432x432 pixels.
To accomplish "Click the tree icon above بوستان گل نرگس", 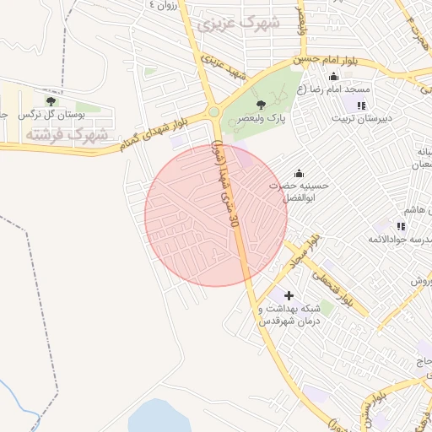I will point(53,100).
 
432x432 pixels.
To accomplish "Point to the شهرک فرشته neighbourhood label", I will point(66,134).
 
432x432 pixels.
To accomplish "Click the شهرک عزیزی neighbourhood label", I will point(237,24).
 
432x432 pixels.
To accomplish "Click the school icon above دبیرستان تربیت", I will point(360,105).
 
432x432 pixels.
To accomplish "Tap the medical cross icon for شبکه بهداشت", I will point(289,295).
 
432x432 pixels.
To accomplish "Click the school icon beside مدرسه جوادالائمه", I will point(400,226).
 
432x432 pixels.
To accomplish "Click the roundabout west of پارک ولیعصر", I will point(213,111).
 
